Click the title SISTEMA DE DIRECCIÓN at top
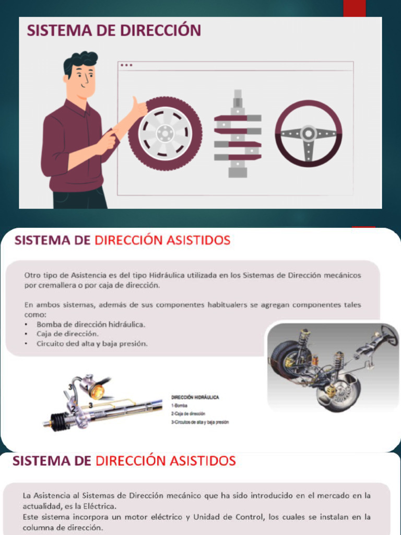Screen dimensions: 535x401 pos(114,30)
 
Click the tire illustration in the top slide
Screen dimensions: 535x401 pos(165,133)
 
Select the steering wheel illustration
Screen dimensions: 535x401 pos(309,134)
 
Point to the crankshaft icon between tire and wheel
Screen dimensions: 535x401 pos(238,134)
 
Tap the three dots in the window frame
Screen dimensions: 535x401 pos(126,65)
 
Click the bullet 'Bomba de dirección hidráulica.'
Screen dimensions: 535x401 pos(91,324)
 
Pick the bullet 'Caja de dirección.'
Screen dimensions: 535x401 pos(67,334)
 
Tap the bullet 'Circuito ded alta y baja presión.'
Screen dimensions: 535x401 pos(92,344)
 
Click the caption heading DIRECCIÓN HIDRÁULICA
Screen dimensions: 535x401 pos(195,397)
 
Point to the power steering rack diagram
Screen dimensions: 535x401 pos(104,405)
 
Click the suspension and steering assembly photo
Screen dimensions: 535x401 pos(332,366)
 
